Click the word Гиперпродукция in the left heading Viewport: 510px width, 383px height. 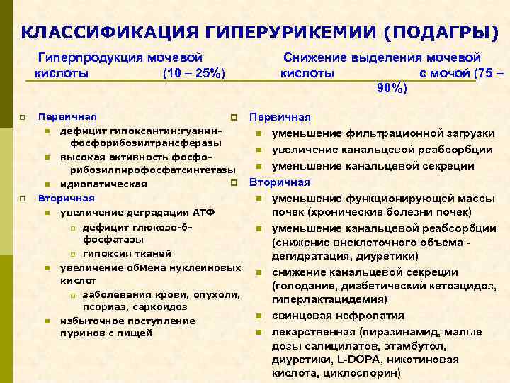click(92, 57)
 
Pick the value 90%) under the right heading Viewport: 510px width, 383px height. click(391, 89)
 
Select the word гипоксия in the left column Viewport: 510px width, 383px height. click(106, 253)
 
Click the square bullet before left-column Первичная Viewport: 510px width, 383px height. click(23, 116)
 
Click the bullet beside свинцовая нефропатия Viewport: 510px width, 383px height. click(259, 316)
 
